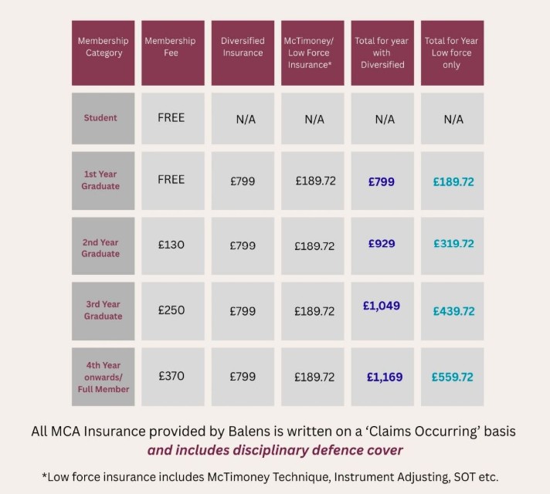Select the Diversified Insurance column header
pyautogui.click(x=243, y=47)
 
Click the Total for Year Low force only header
pyautogui.click(x=452, y=52)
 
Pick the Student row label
pyautogui.click(x=101, y=118)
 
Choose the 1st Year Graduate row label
pyautogui.click(x=101, y=180)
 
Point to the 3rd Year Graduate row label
pyautogui.click(x=104, y=310)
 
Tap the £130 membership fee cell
pyautogui.click(x=171, y=245)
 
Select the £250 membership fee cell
pyautogui.click(x=171, y=310)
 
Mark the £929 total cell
pyautogui.click(x=382, y=243)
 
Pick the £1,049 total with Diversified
pyautogui.click(x=382, y=306)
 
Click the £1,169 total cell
pyautogui.click(x=384, y=377)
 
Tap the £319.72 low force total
pyautogui.click(x=453, y=244)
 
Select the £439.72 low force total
pyautogui.click(x=453, y=311)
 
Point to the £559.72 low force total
pyautogui.click(x=453, y=377)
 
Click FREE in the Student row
pyautogui.click(x=171, y=118)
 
